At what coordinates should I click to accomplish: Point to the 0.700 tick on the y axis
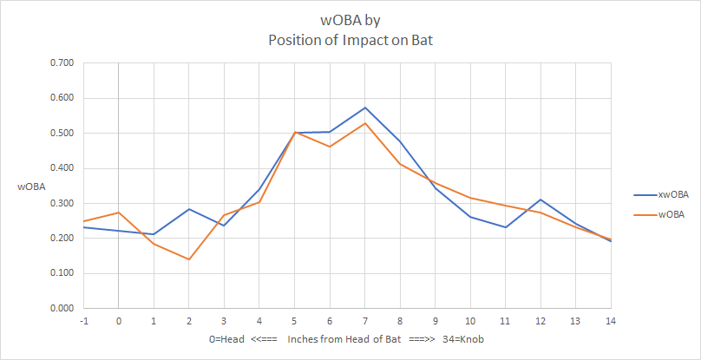[x=62, y=63]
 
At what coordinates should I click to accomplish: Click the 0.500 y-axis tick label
[x=62, y=134]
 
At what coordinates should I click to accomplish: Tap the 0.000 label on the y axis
[x=62, y=308]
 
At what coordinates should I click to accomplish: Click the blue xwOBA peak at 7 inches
[x=365, y=108]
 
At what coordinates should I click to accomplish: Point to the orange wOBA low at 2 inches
[x=188, y=259]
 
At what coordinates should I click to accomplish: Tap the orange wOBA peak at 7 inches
[x=365, y=123]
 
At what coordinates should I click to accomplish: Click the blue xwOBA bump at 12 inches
[x=540, y=200]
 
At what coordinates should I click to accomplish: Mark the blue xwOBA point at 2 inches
[x=188, y=209]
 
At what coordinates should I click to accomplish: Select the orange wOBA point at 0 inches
[x=118, y=213]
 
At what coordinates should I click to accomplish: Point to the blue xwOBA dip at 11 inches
[x=506, y=227]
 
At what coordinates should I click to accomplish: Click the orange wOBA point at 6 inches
[x=330, y=147]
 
